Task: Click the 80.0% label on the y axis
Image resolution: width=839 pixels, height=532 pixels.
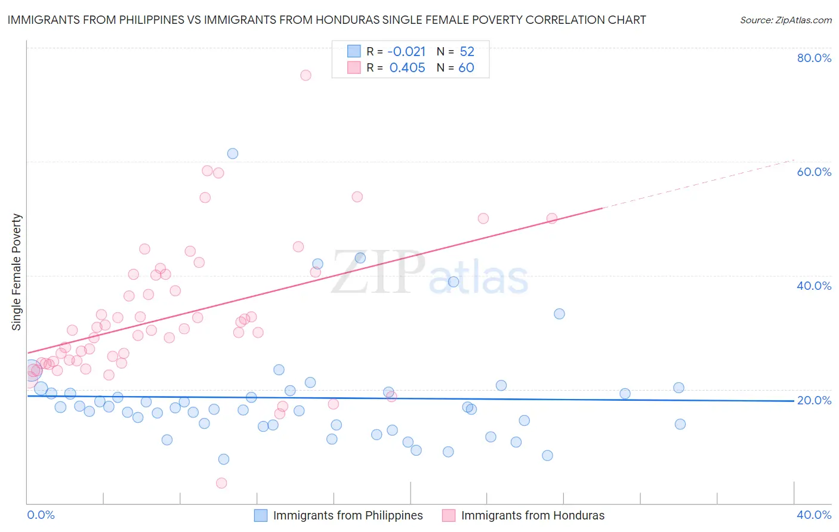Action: (x=814, y=58)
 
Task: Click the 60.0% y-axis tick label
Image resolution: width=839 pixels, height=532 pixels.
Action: (x=814, y=172)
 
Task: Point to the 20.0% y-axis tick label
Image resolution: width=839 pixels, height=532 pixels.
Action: (x=814, y=400)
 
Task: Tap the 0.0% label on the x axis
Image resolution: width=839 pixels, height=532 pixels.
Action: (x=41, y=515)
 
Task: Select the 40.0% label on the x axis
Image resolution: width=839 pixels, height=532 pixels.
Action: (x=814, y=515)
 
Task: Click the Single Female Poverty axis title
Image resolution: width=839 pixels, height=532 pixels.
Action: (x=17, y=272)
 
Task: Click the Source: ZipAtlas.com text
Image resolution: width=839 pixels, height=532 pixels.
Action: (x=785, y=20)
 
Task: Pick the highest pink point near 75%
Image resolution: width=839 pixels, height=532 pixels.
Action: (x=306, y=75)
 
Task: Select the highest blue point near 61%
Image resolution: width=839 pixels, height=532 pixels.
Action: (x=233, y=153)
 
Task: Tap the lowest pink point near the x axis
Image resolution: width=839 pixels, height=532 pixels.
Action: (x=221, y=483)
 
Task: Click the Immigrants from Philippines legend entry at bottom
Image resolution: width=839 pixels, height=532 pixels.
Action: (x=347, y=515)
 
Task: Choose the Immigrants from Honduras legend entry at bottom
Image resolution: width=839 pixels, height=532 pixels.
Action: (x=532, y=515)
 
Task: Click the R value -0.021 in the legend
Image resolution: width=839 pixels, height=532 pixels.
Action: (x=406, y=52)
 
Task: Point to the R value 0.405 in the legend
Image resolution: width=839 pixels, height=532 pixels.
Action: (x=407, y=68)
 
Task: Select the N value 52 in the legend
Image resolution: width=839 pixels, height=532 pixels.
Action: (x=467, y=52)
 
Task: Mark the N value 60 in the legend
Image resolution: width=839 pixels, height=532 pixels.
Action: (x=466, y=68)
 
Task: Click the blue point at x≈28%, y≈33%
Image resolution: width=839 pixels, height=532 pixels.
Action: (x=559, y=314)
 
